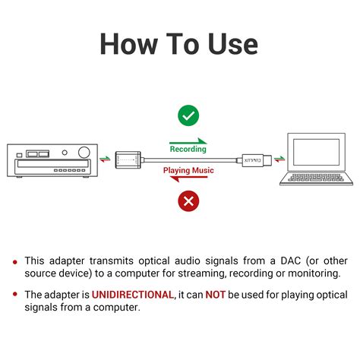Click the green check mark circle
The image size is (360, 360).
[x=188, y=115]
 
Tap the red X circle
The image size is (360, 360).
[x=188, y=201]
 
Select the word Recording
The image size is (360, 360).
[x=188, y=150]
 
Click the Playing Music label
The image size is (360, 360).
[x=188, y=171]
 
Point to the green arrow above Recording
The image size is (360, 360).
[x=188, y=141]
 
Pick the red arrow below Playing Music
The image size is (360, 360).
[x=188, y=180]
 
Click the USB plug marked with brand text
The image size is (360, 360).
[x=251, y=159]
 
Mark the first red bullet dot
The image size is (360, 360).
[x=15, y=261]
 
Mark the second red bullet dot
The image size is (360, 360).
[x=15, y=295]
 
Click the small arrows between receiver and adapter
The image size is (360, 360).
[x=105, y=159]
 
